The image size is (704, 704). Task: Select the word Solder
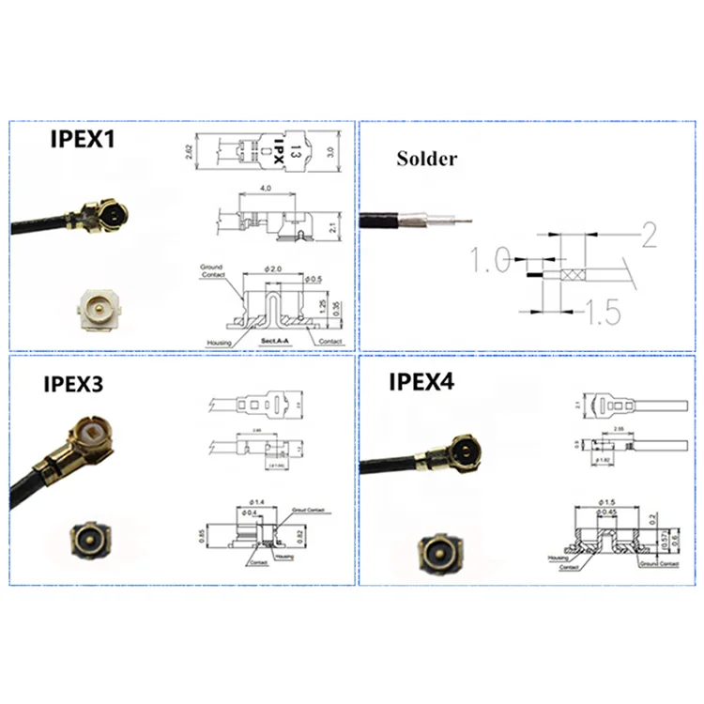coord(426,159)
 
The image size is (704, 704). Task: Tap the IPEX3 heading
coord(60,384)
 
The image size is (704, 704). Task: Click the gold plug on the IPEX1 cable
coord(105,217)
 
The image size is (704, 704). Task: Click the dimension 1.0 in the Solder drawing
coord(490,259)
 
